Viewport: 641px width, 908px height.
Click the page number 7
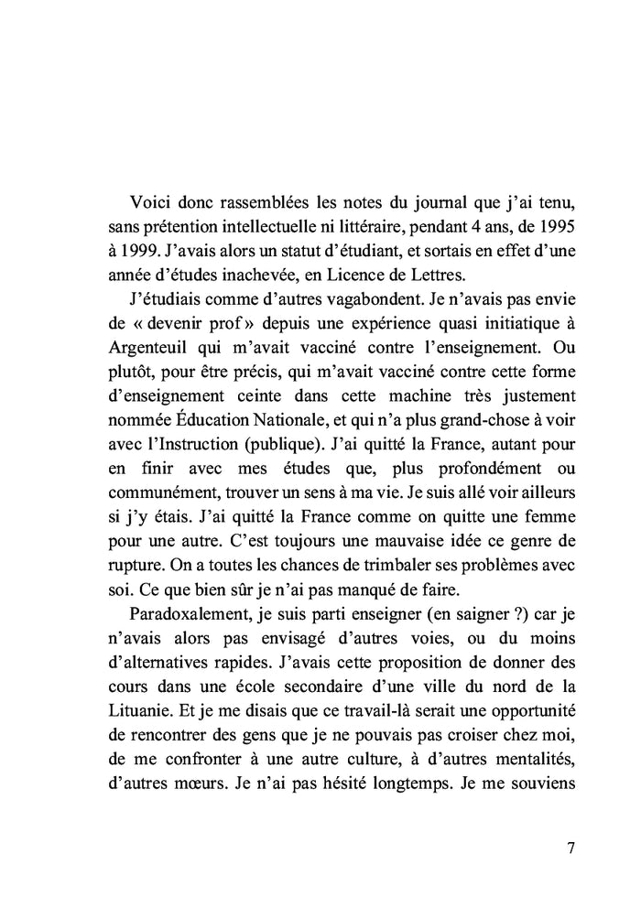click(x=570, y=848)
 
